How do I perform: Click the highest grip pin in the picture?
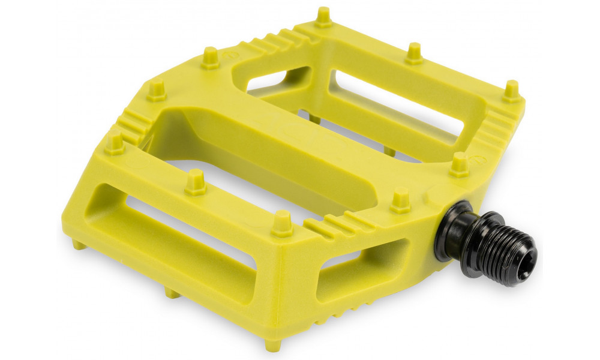tap(323, 17)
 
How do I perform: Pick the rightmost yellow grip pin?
tap(511, 91)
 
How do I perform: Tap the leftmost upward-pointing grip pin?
tap(114, 143)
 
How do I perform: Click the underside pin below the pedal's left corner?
tap(78, 244)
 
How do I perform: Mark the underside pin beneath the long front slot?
tap(173, 292)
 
